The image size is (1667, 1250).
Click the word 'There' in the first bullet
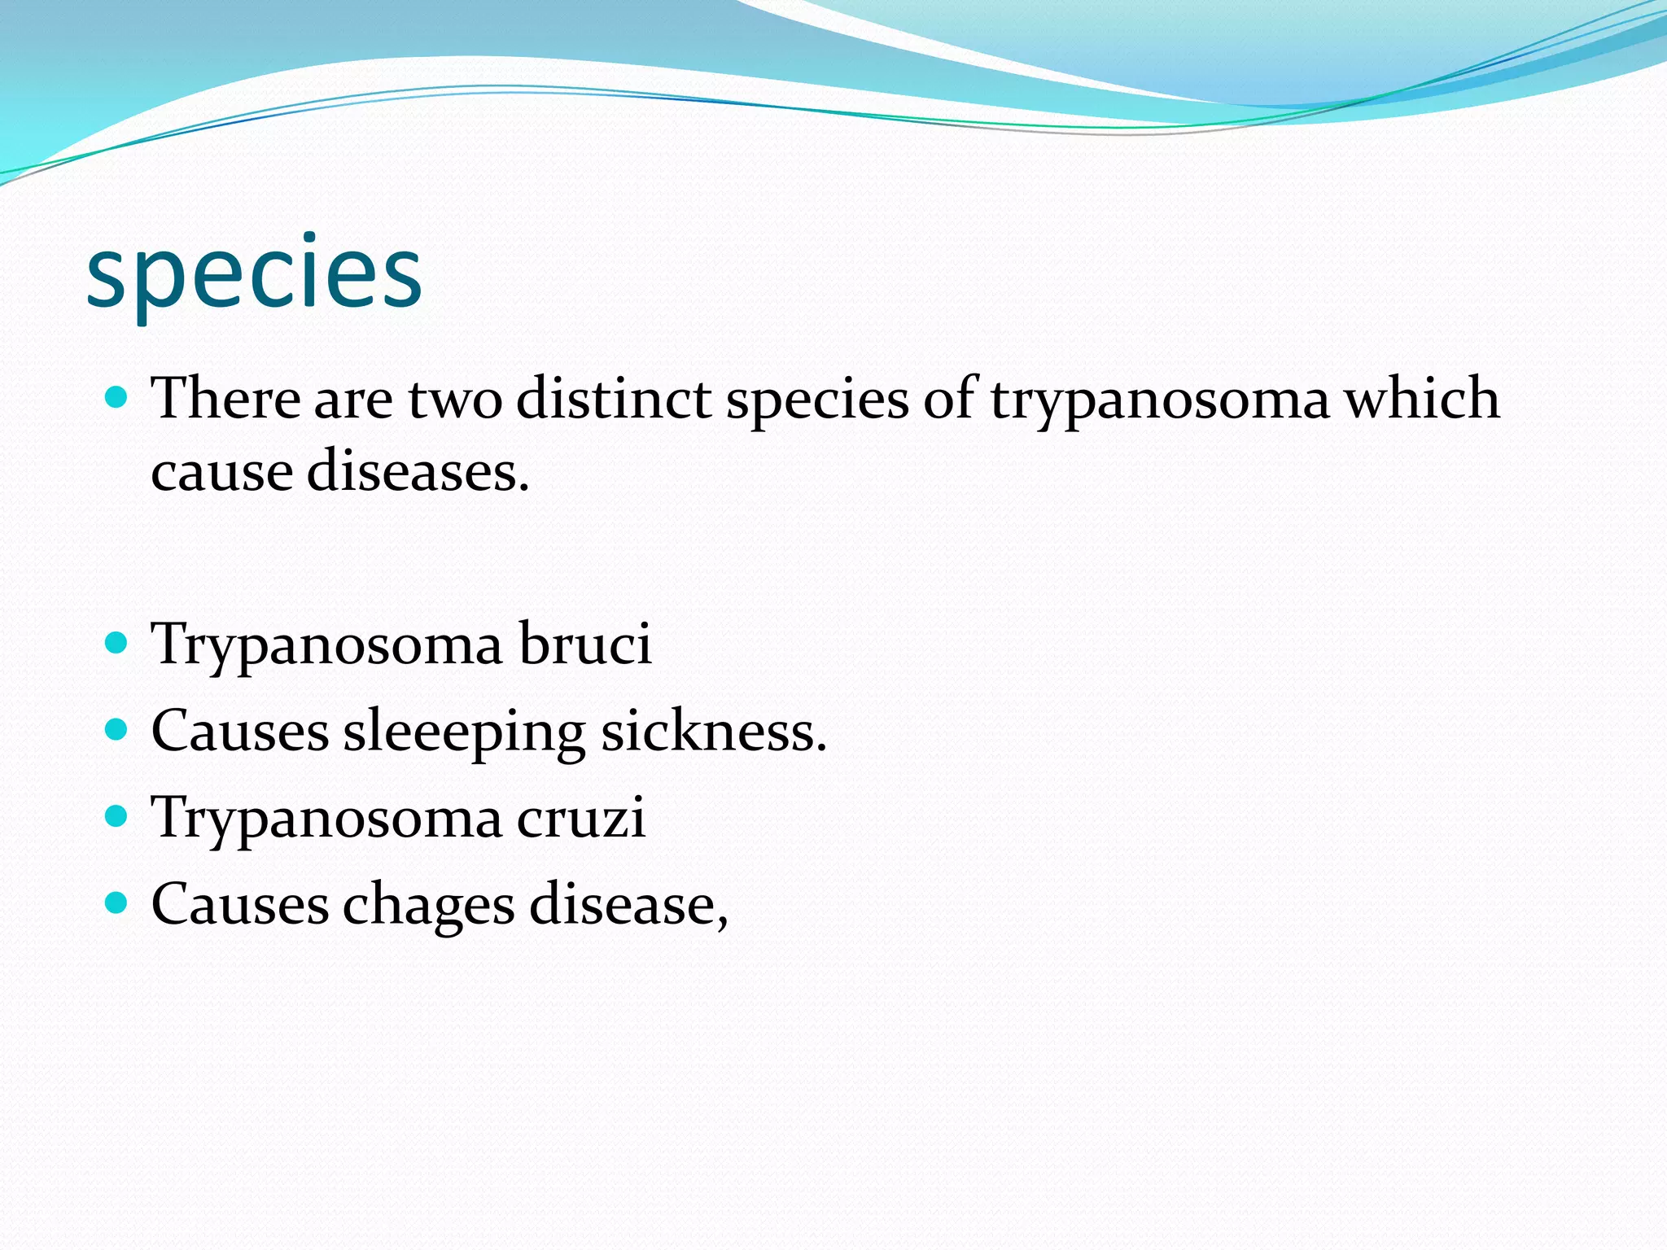pos(226,399)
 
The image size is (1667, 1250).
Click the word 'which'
pos(1421,399)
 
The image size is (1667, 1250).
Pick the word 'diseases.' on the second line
pos(418,472)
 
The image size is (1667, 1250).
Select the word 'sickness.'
pos(714,731)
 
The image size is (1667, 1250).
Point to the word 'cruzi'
pos(581,817)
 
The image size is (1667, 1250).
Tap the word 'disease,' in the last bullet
pos(628,905)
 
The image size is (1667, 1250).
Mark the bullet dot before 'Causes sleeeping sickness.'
pos(117,729)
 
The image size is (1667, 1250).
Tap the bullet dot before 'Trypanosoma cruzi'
pos(117,816)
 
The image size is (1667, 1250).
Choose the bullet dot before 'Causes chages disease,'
pos(117,903)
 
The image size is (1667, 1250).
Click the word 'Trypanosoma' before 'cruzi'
pos(327,819)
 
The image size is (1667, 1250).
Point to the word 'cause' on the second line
pos(221,473)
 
